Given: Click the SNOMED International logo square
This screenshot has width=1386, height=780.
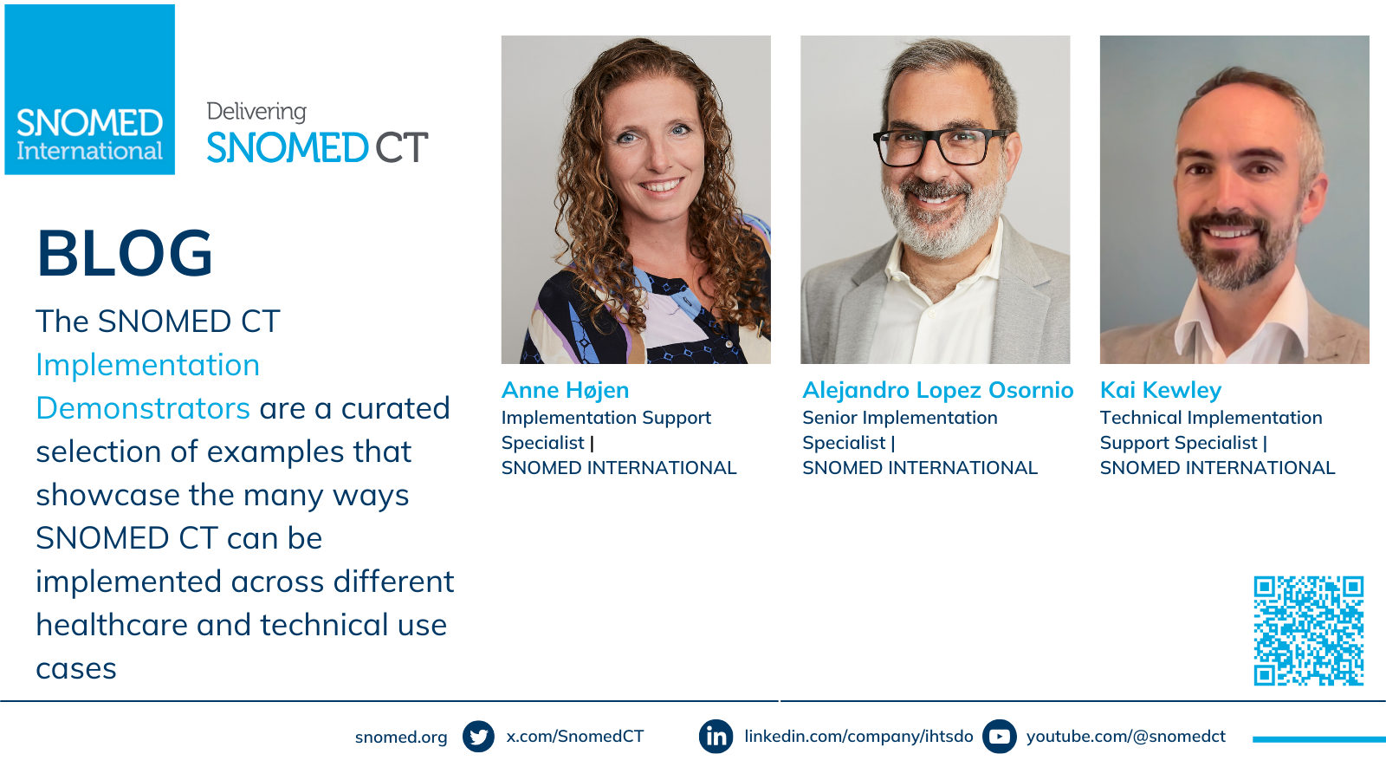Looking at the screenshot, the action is point(90,90).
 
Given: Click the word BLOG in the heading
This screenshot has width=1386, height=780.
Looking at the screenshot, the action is point(125,253).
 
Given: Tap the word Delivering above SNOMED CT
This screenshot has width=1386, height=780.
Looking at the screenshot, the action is point(256,112).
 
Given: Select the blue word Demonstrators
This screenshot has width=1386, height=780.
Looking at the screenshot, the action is point(143,408).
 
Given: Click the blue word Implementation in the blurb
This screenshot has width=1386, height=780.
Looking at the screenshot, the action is point(148,365).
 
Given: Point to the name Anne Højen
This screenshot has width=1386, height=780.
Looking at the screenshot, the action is point(565,391).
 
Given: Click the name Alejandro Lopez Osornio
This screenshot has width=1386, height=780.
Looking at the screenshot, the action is point(937,391).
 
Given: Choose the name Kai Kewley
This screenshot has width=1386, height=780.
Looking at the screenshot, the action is point(1161,391).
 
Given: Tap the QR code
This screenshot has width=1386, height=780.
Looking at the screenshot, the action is point(1309,631).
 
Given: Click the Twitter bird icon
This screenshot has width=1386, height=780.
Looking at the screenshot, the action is point(478,737).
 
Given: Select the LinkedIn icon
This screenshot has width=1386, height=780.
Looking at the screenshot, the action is point(716,737).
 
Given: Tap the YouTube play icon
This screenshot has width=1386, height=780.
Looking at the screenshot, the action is point(1000,737).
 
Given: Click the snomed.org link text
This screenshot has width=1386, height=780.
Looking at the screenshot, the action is point(401,738).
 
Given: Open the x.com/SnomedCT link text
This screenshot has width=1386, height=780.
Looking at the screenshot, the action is point(575,737).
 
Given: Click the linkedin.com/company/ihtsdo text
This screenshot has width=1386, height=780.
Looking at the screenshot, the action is point(858,737).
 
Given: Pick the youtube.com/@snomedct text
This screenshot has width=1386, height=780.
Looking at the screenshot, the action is point(1126,737).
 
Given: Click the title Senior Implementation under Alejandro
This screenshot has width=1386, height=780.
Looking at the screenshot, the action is point(900,419).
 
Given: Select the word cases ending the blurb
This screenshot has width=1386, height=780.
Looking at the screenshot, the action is point(76,669).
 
